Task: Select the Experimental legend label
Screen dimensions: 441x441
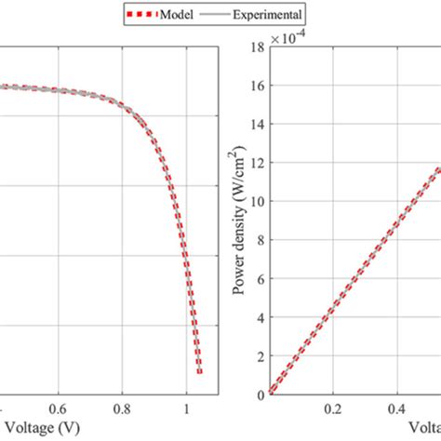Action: point(263,14)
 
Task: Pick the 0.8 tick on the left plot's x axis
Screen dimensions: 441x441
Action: point(123,408)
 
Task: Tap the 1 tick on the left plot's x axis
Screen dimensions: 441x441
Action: point(187,408)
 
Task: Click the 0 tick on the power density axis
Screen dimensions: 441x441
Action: point(260,394)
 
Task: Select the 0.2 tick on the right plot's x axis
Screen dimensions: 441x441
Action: point(331,408)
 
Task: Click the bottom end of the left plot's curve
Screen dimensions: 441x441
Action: point(199,372)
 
